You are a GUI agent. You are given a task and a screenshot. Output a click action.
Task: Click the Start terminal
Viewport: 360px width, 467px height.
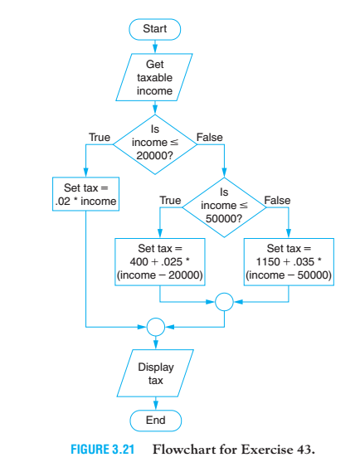coord(155,29)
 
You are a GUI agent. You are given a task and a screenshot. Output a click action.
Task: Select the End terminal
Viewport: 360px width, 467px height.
coord(155,421)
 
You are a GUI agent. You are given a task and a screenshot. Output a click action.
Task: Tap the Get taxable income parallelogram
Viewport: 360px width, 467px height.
coord(155,78)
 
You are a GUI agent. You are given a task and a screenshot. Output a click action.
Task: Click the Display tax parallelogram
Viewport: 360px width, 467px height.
coord(155,374)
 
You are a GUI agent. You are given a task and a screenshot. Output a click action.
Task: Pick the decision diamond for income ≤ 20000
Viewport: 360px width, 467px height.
coord(155,144)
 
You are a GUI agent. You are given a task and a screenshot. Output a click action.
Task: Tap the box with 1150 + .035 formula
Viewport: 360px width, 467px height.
coord(288,261)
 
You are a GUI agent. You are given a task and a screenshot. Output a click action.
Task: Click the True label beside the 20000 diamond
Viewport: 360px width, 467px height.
coord(100,136)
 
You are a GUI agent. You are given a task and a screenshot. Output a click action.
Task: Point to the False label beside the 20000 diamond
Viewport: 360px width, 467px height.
coord(208,136)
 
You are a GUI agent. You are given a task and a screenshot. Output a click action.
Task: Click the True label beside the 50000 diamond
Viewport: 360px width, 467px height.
coord(169,200)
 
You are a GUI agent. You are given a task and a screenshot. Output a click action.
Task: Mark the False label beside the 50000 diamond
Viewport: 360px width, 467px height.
coord(277,200)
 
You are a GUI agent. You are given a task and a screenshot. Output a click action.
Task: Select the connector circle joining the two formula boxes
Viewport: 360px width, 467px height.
coord(223,301)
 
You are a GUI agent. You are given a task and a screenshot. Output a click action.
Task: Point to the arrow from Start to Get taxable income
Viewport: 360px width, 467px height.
coord(155,46)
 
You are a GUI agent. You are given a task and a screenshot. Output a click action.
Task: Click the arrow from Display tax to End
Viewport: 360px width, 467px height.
coord(155,403)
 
